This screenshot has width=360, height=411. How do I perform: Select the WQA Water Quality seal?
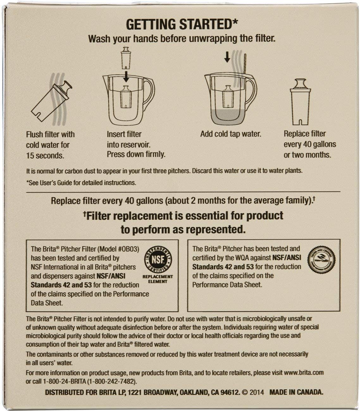[321, 260]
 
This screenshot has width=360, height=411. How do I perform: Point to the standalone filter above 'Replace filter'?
[300, 102]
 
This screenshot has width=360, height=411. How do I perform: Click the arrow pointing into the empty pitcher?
[126, 76]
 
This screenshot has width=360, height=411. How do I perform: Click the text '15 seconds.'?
[45, 156]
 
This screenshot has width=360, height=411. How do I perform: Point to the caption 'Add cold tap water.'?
[231, 134]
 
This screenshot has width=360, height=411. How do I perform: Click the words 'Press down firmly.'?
[136, 154]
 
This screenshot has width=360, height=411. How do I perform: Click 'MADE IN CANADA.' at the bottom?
[296, 392]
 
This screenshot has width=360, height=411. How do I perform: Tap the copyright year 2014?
[257, 392]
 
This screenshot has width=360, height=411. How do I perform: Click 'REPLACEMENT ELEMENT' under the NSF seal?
[158, 279]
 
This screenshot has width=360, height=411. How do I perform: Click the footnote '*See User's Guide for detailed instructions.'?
[81, 182]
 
